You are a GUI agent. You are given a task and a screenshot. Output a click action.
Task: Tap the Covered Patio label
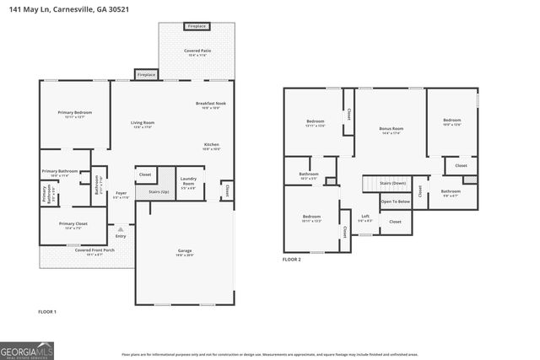tap(197, 53)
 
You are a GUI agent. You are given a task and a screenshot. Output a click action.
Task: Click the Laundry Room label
tap(188, 180)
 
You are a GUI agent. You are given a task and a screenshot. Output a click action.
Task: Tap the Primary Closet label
tap(73, 225)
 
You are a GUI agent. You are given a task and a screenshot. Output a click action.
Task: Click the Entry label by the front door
tap(121, 236)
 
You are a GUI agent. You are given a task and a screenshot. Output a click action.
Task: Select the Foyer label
tap(121, 194)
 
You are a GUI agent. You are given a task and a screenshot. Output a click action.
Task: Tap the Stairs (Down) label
tap(392, 183)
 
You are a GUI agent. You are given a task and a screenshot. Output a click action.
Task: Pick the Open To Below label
tap(395, 201)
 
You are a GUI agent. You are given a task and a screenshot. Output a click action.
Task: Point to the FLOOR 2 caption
tap(292, 260)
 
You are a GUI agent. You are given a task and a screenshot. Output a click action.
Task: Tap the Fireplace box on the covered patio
tap(197, 26)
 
